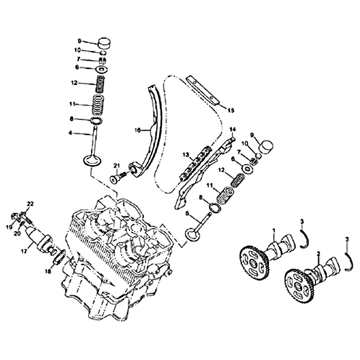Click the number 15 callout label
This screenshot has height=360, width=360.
[231, 110]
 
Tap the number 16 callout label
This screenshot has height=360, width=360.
[138, 130]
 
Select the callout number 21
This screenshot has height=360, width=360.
[117, 166]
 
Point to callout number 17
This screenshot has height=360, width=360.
[24, 252]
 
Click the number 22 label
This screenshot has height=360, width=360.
[30, 203]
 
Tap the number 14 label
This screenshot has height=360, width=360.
[233, 130]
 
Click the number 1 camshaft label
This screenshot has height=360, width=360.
[274, 230]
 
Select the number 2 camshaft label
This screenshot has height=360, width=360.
[319, 254]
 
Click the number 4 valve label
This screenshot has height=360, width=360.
[70, 133]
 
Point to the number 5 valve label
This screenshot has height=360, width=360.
[187, 213]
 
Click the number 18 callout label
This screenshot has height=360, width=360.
[48, 272]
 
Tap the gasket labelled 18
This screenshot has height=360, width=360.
[59, 258]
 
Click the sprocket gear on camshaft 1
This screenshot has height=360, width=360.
[254, 262]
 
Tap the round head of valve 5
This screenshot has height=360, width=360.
[193, 234]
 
